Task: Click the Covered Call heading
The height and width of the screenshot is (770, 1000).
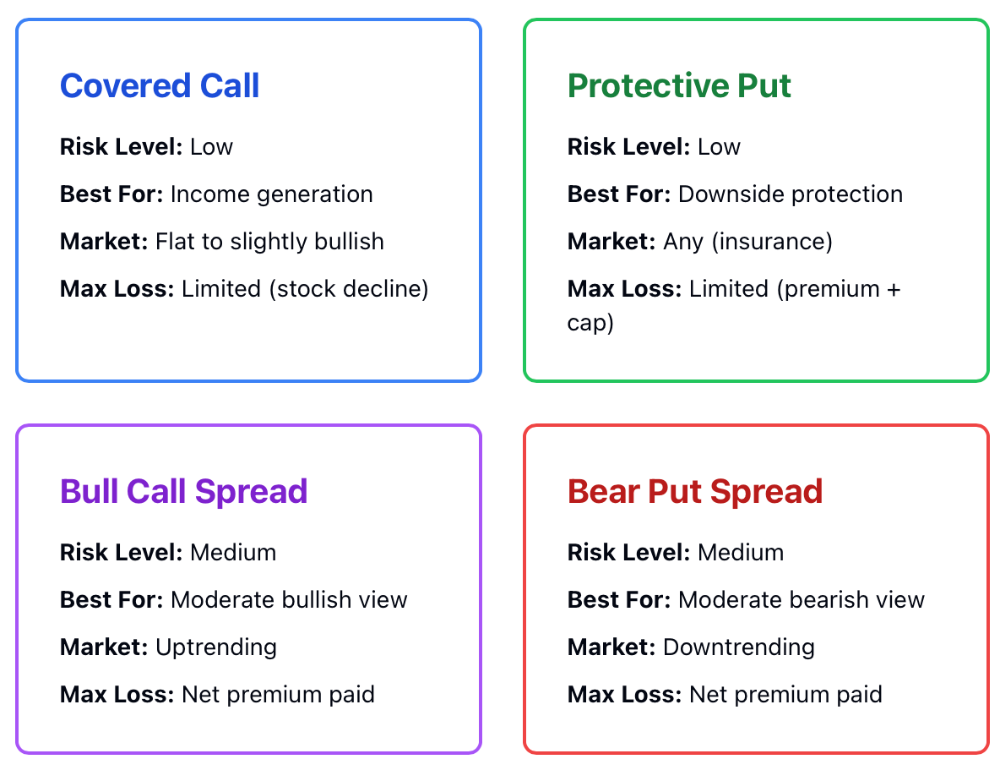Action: (160, 85)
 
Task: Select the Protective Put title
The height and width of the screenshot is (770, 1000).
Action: (679, 85)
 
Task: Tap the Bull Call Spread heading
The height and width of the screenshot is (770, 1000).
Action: (183, 492)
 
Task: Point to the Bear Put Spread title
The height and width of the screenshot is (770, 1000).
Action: (695, 492)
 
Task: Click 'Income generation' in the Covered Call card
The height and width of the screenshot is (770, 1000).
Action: (272, 194)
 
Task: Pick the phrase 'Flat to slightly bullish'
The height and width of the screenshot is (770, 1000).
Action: (269, 242)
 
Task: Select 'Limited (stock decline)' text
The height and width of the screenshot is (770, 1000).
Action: (305, 288)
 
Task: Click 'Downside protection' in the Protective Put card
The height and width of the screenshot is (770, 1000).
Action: (791, 194)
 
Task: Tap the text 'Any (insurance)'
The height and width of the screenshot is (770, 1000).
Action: (748, 242)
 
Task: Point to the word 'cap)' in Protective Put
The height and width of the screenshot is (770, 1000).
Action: (590, 323)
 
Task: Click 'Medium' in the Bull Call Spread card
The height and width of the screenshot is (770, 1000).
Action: (233, 552)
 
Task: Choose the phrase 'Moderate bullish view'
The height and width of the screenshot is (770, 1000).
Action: (289, 599)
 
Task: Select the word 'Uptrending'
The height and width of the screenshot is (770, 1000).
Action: (216, 647)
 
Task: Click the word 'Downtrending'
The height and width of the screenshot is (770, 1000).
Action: (739, 647)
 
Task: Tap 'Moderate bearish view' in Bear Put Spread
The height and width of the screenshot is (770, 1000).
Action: (801, 599)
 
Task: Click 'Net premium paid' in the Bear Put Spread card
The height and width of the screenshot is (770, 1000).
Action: (785, 695)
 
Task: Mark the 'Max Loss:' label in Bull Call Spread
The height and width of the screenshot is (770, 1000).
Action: (117, 695)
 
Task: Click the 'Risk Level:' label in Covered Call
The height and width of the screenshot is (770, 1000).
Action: (121, 147)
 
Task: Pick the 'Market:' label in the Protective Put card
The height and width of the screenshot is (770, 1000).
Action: (611, 242)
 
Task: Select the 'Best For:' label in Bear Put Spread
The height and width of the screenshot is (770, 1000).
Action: (619, 599)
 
